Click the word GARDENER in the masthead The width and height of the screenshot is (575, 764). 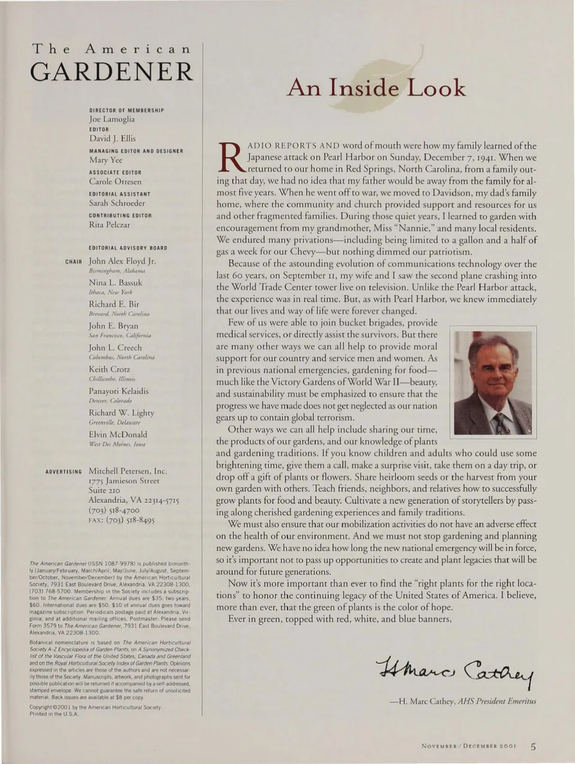tap(111, 72)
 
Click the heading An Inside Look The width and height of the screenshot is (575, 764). tap(376, 88)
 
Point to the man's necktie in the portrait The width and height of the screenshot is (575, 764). tap(500, 423)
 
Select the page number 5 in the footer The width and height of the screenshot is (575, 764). tap(532, 745)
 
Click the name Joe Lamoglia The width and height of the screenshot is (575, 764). tap(112, 119)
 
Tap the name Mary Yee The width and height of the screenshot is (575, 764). tap(105, 160)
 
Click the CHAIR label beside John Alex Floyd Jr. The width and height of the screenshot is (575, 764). tap(74, 262)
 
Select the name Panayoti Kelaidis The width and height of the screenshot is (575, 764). tap(119, 391)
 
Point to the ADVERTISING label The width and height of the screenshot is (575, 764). tap(63, 472)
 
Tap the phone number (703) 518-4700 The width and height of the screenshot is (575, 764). tap(114, 510)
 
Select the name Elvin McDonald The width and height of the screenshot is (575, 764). tap(117, 434)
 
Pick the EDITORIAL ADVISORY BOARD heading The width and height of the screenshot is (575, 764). tap(128, 248)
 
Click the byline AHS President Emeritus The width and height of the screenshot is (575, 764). tap(497, 701)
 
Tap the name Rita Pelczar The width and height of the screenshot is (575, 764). tap(109, 225)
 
